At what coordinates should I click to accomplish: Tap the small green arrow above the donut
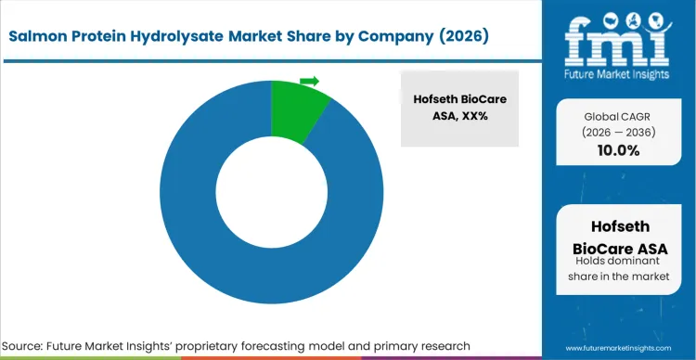tap(309, 82)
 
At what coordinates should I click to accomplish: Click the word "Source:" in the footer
tap(31, 345)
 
